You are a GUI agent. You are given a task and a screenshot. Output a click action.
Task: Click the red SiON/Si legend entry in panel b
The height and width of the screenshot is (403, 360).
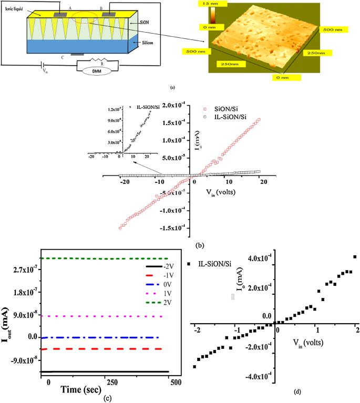(x=217, y=107)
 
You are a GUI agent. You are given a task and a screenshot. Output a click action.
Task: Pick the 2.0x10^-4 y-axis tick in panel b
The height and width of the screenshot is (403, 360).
(x=176, y=106)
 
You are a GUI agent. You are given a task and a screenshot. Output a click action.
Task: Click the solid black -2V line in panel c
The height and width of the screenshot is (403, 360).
(x=105, y=371)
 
